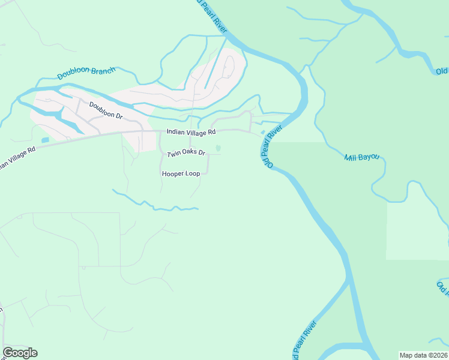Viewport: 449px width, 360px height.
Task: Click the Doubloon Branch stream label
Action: pos(86,73)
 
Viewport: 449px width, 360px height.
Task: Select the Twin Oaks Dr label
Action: pos(186,154)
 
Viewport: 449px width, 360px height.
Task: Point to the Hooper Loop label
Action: pos(181,173)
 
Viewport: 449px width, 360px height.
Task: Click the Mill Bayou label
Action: pos(362,158)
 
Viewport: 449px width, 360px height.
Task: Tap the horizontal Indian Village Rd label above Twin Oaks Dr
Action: pos(190,132)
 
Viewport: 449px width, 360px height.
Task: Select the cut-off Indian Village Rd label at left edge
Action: pos(16,157)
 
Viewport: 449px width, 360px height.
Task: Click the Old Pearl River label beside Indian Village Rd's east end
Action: pos(271,142)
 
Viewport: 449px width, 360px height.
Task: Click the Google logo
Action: pos(20,353)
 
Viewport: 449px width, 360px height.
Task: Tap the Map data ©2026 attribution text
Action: pos(423,355)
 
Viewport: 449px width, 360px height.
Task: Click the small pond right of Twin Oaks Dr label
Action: pos(218,148)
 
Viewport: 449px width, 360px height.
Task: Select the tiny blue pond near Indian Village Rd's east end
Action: pos(262,133)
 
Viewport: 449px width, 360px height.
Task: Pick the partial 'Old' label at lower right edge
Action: pos(442,287)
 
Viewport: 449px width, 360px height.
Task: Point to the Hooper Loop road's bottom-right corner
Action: pos(207,173)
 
